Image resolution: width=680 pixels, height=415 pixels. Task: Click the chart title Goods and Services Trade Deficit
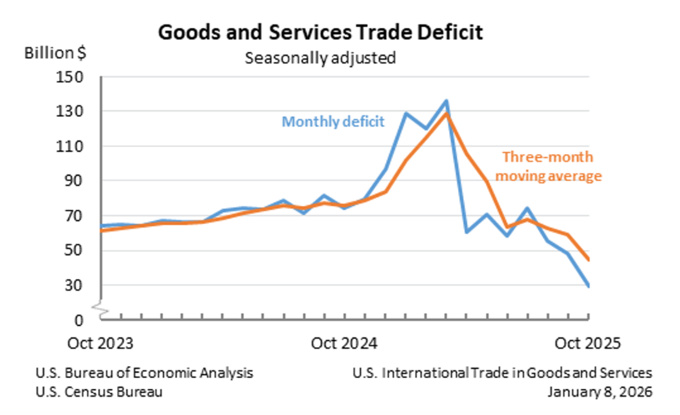tap(320, 32)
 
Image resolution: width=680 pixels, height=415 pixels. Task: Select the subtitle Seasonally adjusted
tap(320, 57)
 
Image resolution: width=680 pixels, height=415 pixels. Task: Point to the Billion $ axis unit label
tap(55, 54)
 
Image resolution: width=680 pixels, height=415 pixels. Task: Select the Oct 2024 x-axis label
tap(345, 343)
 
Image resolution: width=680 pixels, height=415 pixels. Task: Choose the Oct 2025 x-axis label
tap(589, 343)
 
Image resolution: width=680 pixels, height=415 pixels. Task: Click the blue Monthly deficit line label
tap(333, 121)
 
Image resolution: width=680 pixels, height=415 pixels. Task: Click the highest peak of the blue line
tap(446, 100)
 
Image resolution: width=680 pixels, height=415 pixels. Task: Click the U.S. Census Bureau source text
tap(98, 392)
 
